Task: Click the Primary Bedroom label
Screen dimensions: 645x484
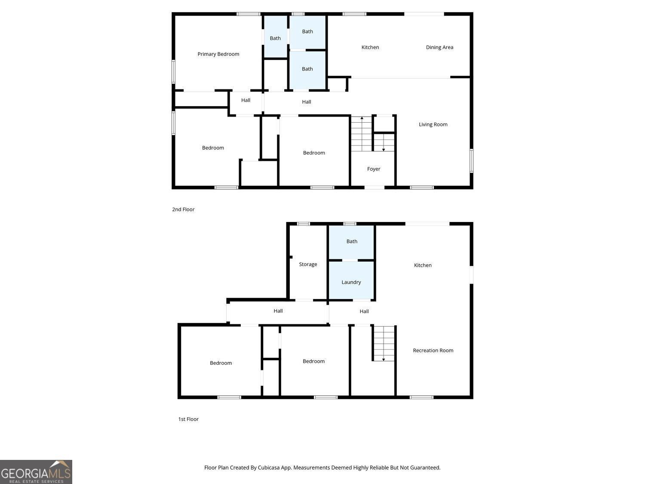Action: (218, 54)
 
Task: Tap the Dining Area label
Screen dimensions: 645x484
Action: (439, 47)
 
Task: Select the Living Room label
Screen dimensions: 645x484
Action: (433, 124)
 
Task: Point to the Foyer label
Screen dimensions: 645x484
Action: (374, 169)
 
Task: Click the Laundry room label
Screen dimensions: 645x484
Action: (351, 282)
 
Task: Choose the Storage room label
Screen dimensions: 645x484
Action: (308, 264)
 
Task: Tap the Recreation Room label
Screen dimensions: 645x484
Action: (433, 350)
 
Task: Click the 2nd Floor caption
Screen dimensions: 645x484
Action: (183, 209)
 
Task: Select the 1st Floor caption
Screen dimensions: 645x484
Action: (188, 419)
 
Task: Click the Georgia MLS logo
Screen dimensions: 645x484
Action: (36, 472)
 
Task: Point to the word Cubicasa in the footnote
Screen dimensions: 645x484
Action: (269, 468)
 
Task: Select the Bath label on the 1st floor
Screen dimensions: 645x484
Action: (352, 241)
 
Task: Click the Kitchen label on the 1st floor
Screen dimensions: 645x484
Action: (423, 265)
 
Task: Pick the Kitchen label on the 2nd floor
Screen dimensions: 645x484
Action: (370, 47)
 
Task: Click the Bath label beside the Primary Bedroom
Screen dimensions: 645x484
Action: (275, 38)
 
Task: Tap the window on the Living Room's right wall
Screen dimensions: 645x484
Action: (471, 161)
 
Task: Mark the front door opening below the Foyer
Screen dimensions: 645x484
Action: (375, 188)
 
